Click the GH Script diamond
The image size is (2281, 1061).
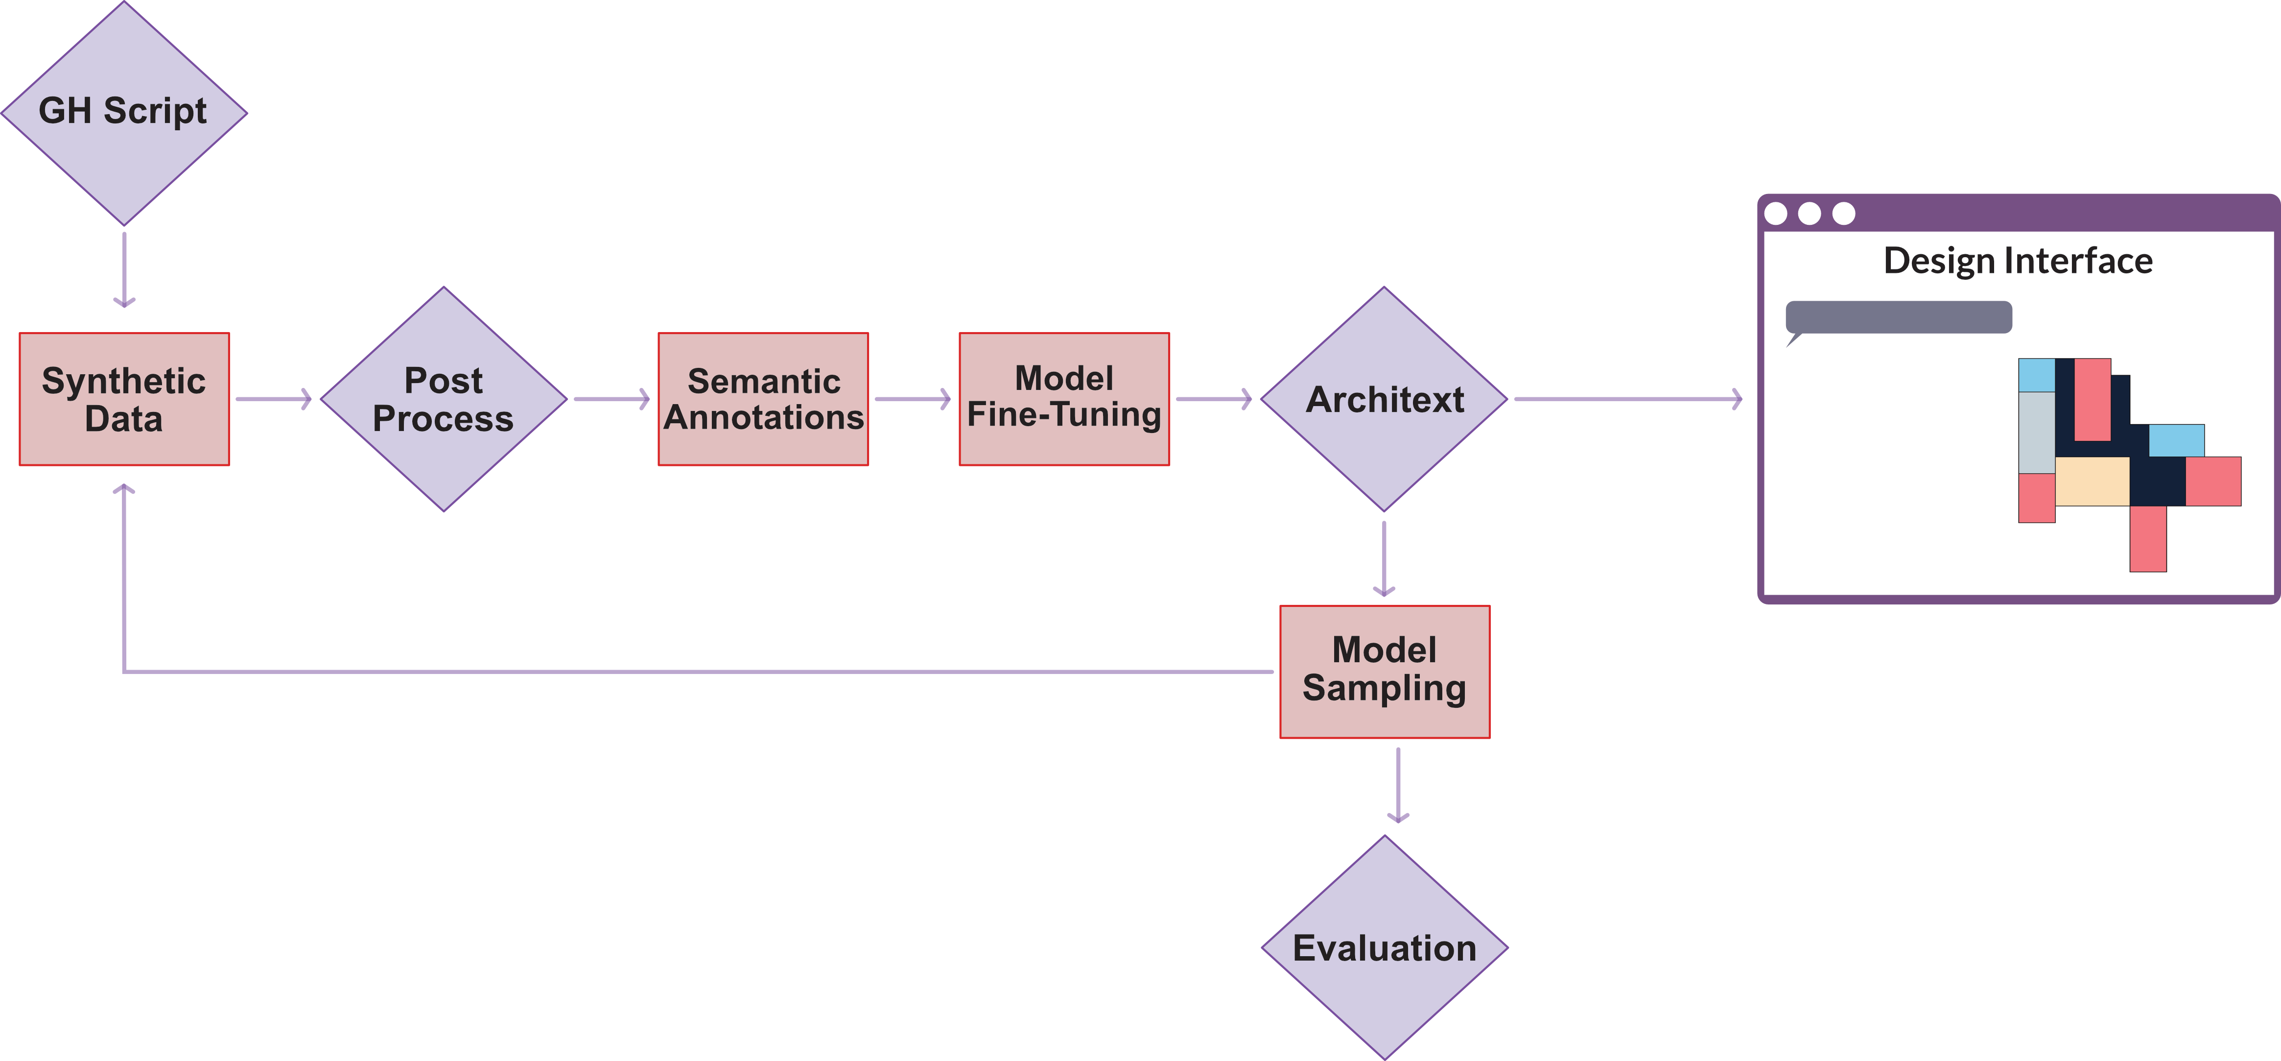click(x=124, y=113)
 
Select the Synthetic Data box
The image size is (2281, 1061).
click(x=124, y=399)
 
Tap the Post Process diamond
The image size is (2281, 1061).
click(x=444, y=399)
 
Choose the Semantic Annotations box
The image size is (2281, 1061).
click(x=763, y=399)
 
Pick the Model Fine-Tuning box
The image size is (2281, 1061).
click(x=1064, y=399)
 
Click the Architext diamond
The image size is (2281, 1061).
click(x=1384, y=399)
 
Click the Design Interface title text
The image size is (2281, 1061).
click(x=2017, y=261)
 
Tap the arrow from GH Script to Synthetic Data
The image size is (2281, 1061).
click(x=124, y=269)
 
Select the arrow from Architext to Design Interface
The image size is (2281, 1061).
click(x=1627, y=399)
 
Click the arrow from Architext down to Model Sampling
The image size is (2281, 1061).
click(x=1384, y=558)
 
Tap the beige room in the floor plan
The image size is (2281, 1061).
click(x=2092, y=481)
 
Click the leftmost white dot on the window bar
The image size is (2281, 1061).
click(x=1775, y=214)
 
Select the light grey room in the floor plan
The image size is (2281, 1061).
click(x=2036, y=432)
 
